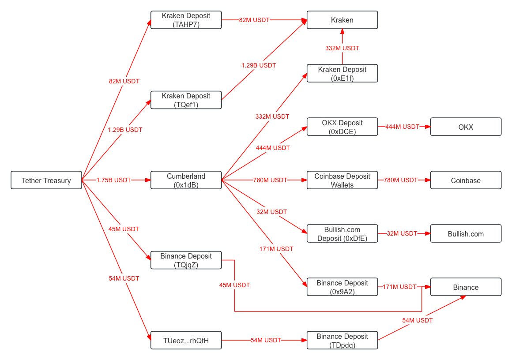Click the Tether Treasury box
click(x=46, y=180)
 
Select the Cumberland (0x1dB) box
click(x=186, y=180)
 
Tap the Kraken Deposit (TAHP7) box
click(x=186, y=20)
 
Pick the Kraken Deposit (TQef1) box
click(x=186, y=100)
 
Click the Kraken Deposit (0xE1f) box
click(x=342, y=73)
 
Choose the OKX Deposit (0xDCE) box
click(x=342, y=127)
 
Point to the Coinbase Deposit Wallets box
click(x=342, y=180)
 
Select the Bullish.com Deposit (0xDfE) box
click(x=342, y=233)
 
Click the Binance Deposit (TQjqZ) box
click(x=186, y=260)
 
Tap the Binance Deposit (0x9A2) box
click(x=342, y=287)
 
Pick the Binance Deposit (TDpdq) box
click(x=342, y=340)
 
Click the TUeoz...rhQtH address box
click(x=186, y=340)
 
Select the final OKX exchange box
click(x=466, y=127)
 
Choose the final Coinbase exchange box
click(x=466, y=180)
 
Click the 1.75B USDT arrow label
click(x=114, y=180)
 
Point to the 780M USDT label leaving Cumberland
click(x=270, y=180)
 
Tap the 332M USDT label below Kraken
click(x=342, y=48)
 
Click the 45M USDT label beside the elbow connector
click(x=234, y=285)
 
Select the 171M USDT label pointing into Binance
click(x=399, y=287)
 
